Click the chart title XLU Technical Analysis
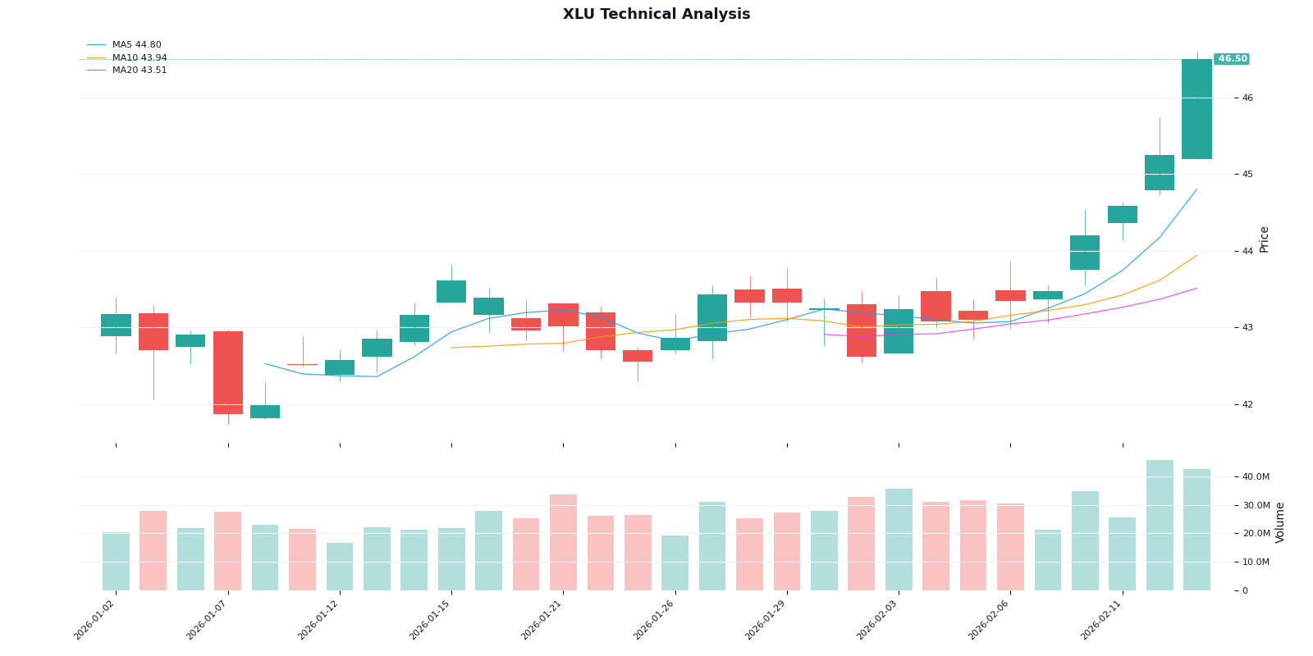tap(656, 15)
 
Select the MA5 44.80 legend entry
tap(136, 45)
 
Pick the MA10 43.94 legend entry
tap(139, 58)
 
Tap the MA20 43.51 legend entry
tap(139, 71)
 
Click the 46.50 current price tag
tap(1231, 59)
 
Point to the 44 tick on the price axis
tap(1247, 251)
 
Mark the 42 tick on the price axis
tap(1247, 404)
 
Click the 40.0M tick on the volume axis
tap(1256, 476)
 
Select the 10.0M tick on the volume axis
tap(1256, 562)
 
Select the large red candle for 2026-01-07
tap(228, 372)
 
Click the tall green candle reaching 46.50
tap(1196, 109)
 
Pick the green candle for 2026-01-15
tap(451, 291)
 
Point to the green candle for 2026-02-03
tap(899, 331)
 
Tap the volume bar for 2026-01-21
tap(563, 542)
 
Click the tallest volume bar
tap(1160, 525)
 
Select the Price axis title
tap(1264, 239)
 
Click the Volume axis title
tap(1280, 522)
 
